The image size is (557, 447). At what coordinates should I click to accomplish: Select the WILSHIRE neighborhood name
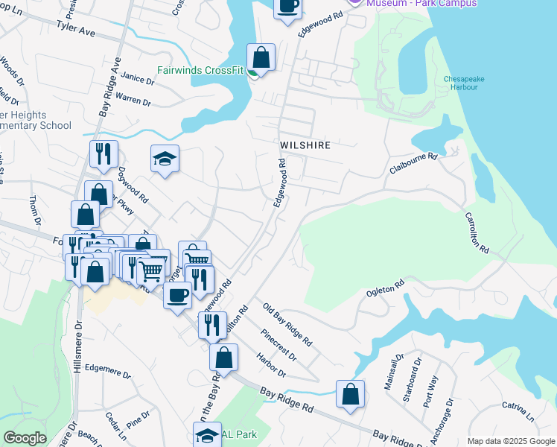(305, 145)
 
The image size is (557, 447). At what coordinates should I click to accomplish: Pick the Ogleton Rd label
(384, 288)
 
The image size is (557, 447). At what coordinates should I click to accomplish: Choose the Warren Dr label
(133, 99)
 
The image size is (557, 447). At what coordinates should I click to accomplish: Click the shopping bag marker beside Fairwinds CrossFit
(261, 57)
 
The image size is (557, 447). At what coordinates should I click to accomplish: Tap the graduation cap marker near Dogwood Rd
(165, 158)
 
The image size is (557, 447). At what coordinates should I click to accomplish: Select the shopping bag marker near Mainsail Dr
(350, 394)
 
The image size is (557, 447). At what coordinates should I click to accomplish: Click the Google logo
(25, 438)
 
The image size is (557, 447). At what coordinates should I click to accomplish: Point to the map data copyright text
(511, 441)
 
